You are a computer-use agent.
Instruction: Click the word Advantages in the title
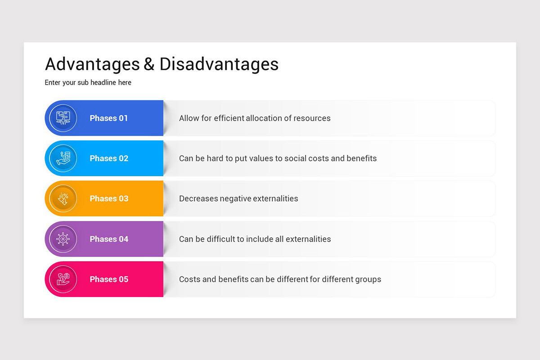tap(92, 64)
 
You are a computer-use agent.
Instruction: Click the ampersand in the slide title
tap(149, 64)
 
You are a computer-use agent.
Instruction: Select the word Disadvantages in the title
tap(219, 64)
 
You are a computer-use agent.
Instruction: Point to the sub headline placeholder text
tap(88, 83)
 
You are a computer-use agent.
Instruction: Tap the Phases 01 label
tap(109, 118)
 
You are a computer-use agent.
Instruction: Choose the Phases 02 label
tap(109, 158)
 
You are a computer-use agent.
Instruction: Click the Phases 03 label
tap(109, 198)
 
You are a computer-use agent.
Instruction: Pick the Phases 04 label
tap(109, 239)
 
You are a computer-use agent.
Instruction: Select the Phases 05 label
tap(109, 279)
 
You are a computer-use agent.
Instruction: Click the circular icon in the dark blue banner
tap(63, 118)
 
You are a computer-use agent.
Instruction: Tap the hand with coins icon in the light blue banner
tap(63, 158)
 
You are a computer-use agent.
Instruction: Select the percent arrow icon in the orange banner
tap(63, 198)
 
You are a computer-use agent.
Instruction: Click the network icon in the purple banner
tap(63, 239)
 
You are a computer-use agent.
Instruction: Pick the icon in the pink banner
tap(63, 279)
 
